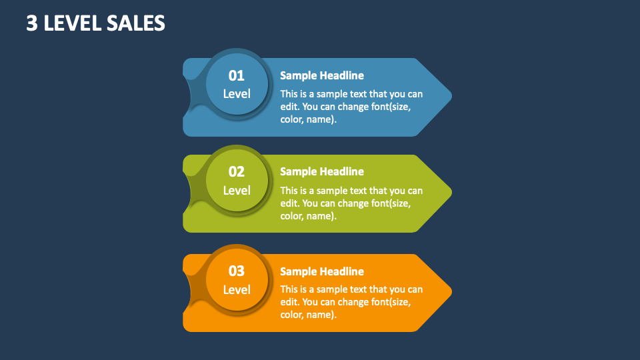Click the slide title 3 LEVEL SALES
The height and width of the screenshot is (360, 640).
point(96,23)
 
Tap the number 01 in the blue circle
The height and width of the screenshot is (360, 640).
point(237,75)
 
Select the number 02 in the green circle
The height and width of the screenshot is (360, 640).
point(237,172)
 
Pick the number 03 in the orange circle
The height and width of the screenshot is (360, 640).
point(237,271)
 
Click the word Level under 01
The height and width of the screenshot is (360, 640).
point(237,94)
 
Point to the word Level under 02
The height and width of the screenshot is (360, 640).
point(237,191)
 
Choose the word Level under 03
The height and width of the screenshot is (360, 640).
point(237,290)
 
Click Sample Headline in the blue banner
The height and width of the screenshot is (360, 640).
point(322,76)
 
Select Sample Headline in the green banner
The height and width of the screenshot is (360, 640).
point(322,172)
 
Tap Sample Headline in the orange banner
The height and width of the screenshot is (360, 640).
point(322,271)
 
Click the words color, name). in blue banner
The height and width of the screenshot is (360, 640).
point(308,120)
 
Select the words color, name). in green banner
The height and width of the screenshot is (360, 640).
point(308,216)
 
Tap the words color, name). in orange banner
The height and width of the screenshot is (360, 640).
point(308,315)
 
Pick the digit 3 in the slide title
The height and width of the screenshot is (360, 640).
point(31,23)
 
